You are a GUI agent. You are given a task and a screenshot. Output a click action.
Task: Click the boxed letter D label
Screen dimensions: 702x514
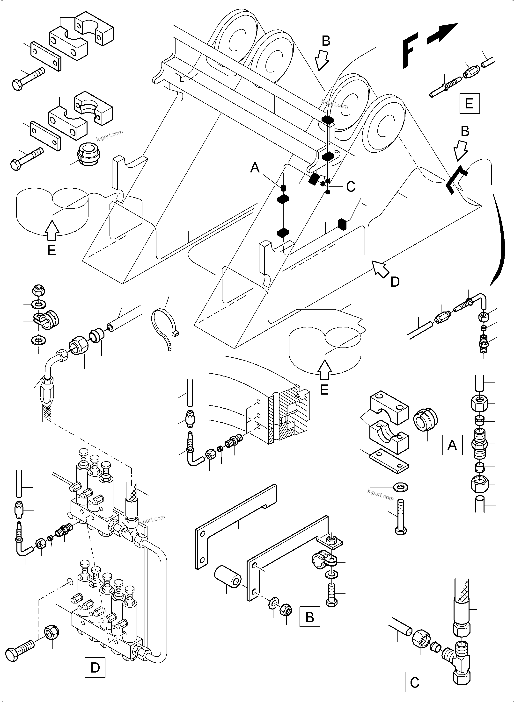click(95, 667)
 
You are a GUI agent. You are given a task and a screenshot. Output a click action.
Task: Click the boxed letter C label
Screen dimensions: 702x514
click(415, 682)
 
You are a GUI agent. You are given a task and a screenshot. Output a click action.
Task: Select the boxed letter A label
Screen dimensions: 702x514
click(452, 445)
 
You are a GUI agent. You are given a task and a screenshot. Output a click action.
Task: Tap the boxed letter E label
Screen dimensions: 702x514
click(469, 103)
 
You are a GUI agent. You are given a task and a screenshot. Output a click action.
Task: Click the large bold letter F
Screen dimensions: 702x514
click(410, 53)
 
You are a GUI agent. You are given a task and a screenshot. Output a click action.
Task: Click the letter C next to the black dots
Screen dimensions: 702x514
click(351, 187)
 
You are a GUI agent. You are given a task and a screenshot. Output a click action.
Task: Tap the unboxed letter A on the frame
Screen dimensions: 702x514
click(255, 168)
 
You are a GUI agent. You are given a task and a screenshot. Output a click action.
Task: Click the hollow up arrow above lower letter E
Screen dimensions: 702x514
click(324, 370)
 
